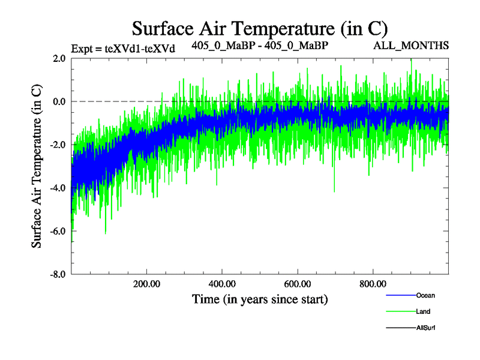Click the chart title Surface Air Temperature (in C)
coord(260,28)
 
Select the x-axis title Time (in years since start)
coord(260,298)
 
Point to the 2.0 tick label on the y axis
coord(59,58)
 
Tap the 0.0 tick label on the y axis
coord(59,101)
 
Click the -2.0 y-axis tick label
coord(58,145)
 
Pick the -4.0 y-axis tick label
coord(58,188)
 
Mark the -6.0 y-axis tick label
coord(58,231)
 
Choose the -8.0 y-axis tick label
coord(58,274)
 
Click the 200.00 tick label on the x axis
coord(146,283)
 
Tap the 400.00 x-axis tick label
coord(222,283)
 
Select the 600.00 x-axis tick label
coord(297,283)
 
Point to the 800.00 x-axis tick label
coord(373,283)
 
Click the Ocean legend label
coord(425,295)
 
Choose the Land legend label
coord(423,311)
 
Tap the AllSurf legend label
coord(425,328)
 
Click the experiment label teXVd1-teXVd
coord(123,49)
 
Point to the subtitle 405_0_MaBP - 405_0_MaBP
coord(260,45)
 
